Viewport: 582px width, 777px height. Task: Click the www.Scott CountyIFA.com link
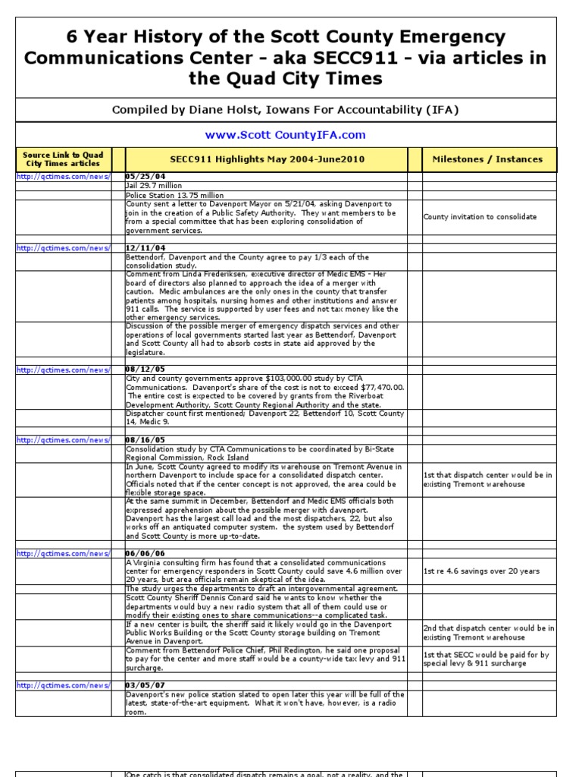(x=285, y=135)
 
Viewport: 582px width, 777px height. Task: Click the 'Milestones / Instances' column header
(x=487, y=159)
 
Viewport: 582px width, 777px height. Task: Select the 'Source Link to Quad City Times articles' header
(x=63, y=159)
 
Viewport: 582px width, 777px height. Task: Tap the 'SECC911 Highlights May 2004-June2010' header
(x=266, y=159)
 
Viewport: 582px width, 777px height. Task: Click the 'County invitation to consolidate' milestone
(x=480, y=217)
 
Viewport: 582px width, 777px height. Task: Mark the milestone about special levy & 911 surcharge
(x=486, y=659)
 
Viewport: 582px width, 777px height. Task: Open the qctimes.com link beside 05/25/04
(x=63, y=177)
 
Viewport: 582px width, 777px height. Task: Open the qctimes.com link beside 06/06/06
(x=63, y=555)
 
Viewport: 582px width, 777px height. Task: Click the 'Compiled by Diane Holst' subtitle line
(x=285, y=110)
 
